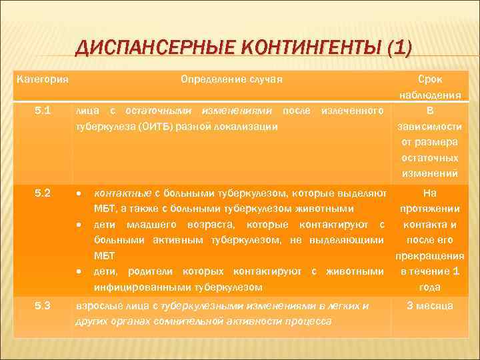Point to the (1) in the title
click(x=397, y=49)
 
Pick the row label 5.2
click(x=42, y=193)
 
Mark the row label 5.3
click(x=42, y=305)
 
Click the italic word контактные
click(x=122, y=193)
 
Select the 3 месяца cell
click(x=430, y=305)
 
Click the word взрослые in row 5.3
click(x=96, y=305)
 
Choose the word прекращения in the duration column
click(x=430, y=255)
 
